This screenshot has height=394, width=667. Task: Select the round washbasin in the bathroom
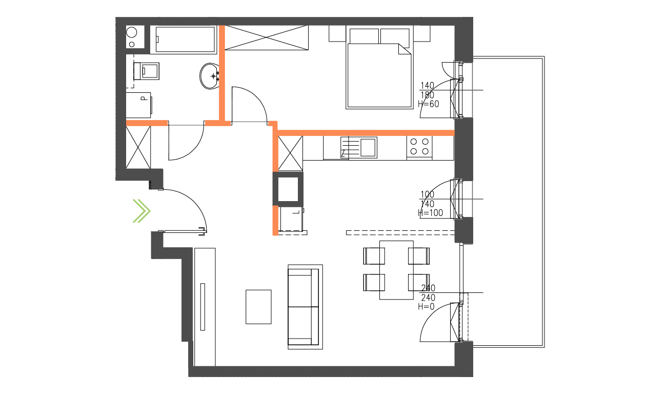211,76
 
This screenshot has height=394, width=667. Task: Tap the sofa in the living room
305,307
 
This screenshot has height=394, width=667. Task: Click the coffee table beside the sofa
258,307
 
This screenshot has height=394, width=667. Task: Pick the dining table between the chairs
396,270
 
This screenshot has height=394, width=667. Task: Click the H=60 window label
429,104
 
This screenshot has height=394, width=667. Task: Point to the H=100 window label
431,213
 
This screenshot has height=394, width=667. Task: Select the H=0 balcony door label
426,307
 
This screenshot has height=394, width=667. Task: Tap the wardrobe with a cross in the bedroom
267,38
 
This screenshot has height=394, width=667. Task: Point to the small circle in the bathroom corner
132,33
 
